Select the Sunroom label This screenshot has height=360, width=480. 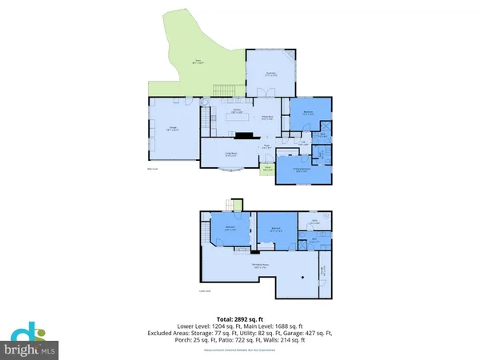[x=270, y=74]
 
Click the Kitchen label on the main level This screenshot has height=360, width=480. [x=237, y=110]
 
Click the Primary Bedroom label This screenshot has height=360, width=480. [x=301, y=169]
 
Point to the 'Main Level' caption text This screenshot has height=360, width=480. [x=151, y=169]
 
